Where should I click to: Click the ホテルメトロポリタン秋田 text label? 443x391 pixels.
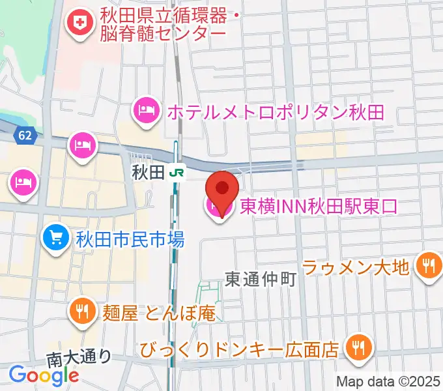pos(275,111)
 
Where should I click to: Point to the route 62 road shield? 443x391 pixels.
pos(25,136)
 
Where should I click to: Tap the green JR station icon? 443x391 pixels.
pos(176,173)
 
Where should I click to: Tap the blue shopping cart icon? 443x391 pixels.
pos(55,239)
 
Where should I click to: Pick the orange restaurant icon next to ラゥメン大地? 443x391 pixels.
pos(428,265)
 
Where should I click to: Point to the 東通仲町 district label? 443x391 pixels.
pos(260,280)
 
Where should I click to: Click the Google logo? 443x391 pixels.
pos(44,375)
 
